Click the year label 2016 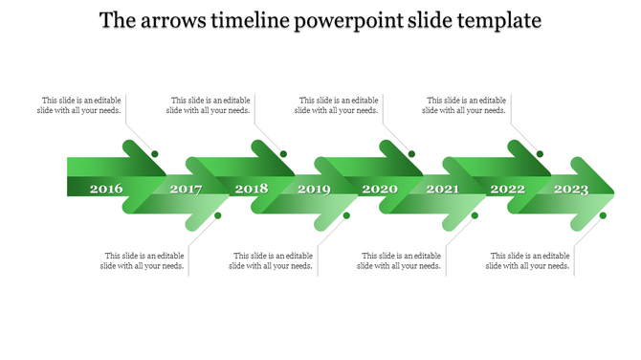(106, 189)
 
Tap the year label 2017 (186, 190)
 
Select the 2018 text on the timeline (252, 189)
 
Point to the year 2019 (314, 190)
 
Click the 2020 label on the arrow (380, 189)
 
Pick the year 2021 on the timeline (442, 190)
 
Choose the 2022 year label (508, 189)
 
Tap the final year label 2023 (571, 190)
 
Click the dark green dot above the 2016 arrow (155, 154)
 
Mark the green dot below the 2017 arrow (218, 215)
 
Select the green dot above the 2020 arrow (412, 154)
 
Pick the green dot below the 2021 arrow (475, 215)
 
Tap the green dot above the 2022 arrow (541, 154)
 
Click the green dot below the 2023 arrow (604, 215)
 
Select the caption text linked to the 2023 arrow (530, 260)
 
